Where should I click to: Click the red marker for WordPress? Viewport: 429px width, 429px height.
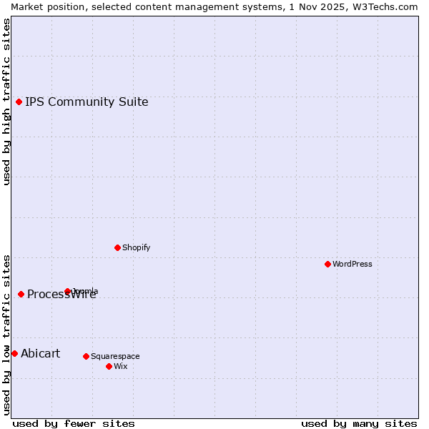[327, 264]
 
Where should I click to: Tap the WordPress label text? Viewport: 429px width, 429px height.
[352, 264]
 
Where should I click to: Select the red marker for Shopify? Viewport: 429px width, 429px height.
[117, 247]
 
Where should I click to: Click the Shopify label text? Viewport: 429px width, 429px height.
[137, 247]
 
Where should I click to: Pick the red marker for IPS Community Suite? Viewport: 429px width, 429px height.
[19, 102]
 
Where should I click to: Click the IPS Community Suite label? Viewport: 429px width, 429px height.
[87, 102]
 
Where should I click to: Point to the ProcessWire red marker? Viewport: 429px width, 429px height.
[21, 294]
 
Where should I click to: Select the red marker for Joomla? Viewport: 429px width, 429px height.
[67, 291]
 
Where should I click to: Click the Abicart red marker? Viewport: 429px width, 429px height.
[14, 353]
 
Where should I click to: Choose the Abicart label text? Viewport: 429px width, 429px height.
[41, 353]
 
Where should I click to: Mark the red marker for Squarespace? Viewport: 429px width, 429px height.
[86, 356]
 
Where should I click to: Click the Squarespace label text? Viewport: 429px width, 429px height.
[115, 356]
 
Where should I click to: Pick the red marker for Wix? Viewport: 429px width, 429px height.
[109, 366]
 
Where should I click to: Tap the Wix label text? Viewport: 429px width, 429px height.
[121, 366]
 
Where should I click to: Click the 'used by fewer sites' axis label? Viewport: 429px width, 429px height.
[74, 423]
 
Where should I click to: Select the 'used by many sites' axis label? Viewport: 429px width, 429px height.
[359, 423]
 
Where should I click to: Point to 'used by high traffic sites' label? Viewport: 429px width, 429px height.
[6, 102]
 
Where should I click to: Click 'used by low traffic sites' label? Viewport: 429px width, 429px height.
[6, 334]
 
